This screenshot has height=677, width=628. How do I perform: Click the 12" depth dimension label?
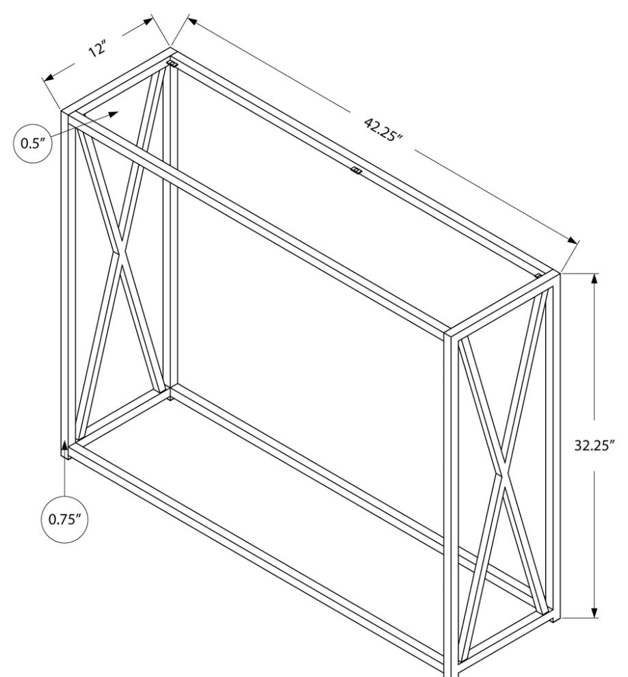click(97, 49)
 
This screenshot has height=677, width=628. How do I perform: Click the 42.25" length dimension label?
click(383, 129)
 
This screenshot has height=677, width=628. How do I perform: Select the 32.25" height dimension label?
click(594, 445)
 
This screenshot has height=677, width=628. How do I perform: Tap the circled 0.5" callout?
click(33, 143)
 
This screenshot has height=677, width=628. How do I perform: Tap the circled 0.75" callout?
click(65, 519)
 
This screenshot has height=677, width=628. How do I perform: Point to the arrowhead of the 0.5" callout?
click(113, 114)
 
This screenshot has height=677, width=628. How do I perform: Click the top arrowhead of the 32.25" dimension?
click(594, 280)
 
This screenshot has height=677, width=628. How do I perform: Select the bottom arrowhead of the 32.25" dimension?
click(594, 610)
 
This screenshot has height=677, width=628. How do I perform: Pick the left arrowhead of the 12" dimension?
click(49, 77)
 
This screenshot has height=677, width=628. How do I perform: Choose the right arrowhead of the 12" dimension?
click(147, 22)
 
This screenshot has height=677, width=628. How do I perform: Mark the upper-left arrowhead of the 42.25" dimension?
click(193, 21)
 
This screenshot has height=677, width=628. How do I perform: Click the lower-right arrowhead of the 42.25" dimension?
click(573, 241)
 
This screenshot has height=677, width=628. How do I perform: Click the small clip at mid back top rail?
click(356, 170)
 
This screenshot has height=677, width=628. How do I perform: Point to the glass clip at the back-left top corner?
click(172, 64)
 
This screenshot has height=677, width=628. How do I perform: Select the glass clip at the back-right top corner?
click(538, 275)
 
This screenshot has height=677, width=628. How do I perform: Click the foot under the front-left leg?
click(65, 455)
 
